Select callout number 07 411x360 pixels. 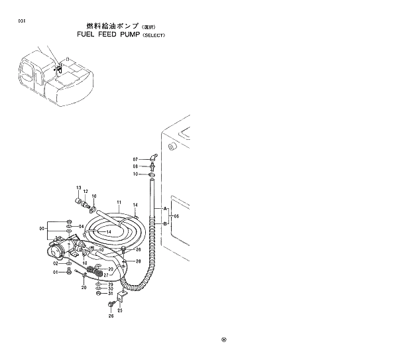tap(135, 160)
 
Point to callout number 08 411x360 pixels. tap(135, 166)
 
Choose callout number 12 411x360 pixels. tap(85, 192)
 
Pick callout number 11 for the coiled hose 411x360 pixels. tap(119, 201)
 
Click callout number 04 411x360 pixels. tap(82, 227)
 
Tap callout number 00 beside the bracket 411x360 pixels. tap(42, 229)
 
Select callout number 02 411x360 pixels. tap(56, 263)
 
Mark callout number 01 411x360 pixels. tap(56, 272)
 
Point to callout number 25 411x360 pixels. tap(120, 310)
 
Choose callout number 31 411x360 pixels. tap(111, 294)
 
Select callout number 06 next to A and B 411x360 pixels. tap(176, 216)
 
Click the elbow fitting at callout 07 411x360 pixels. tap(152, 158)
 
